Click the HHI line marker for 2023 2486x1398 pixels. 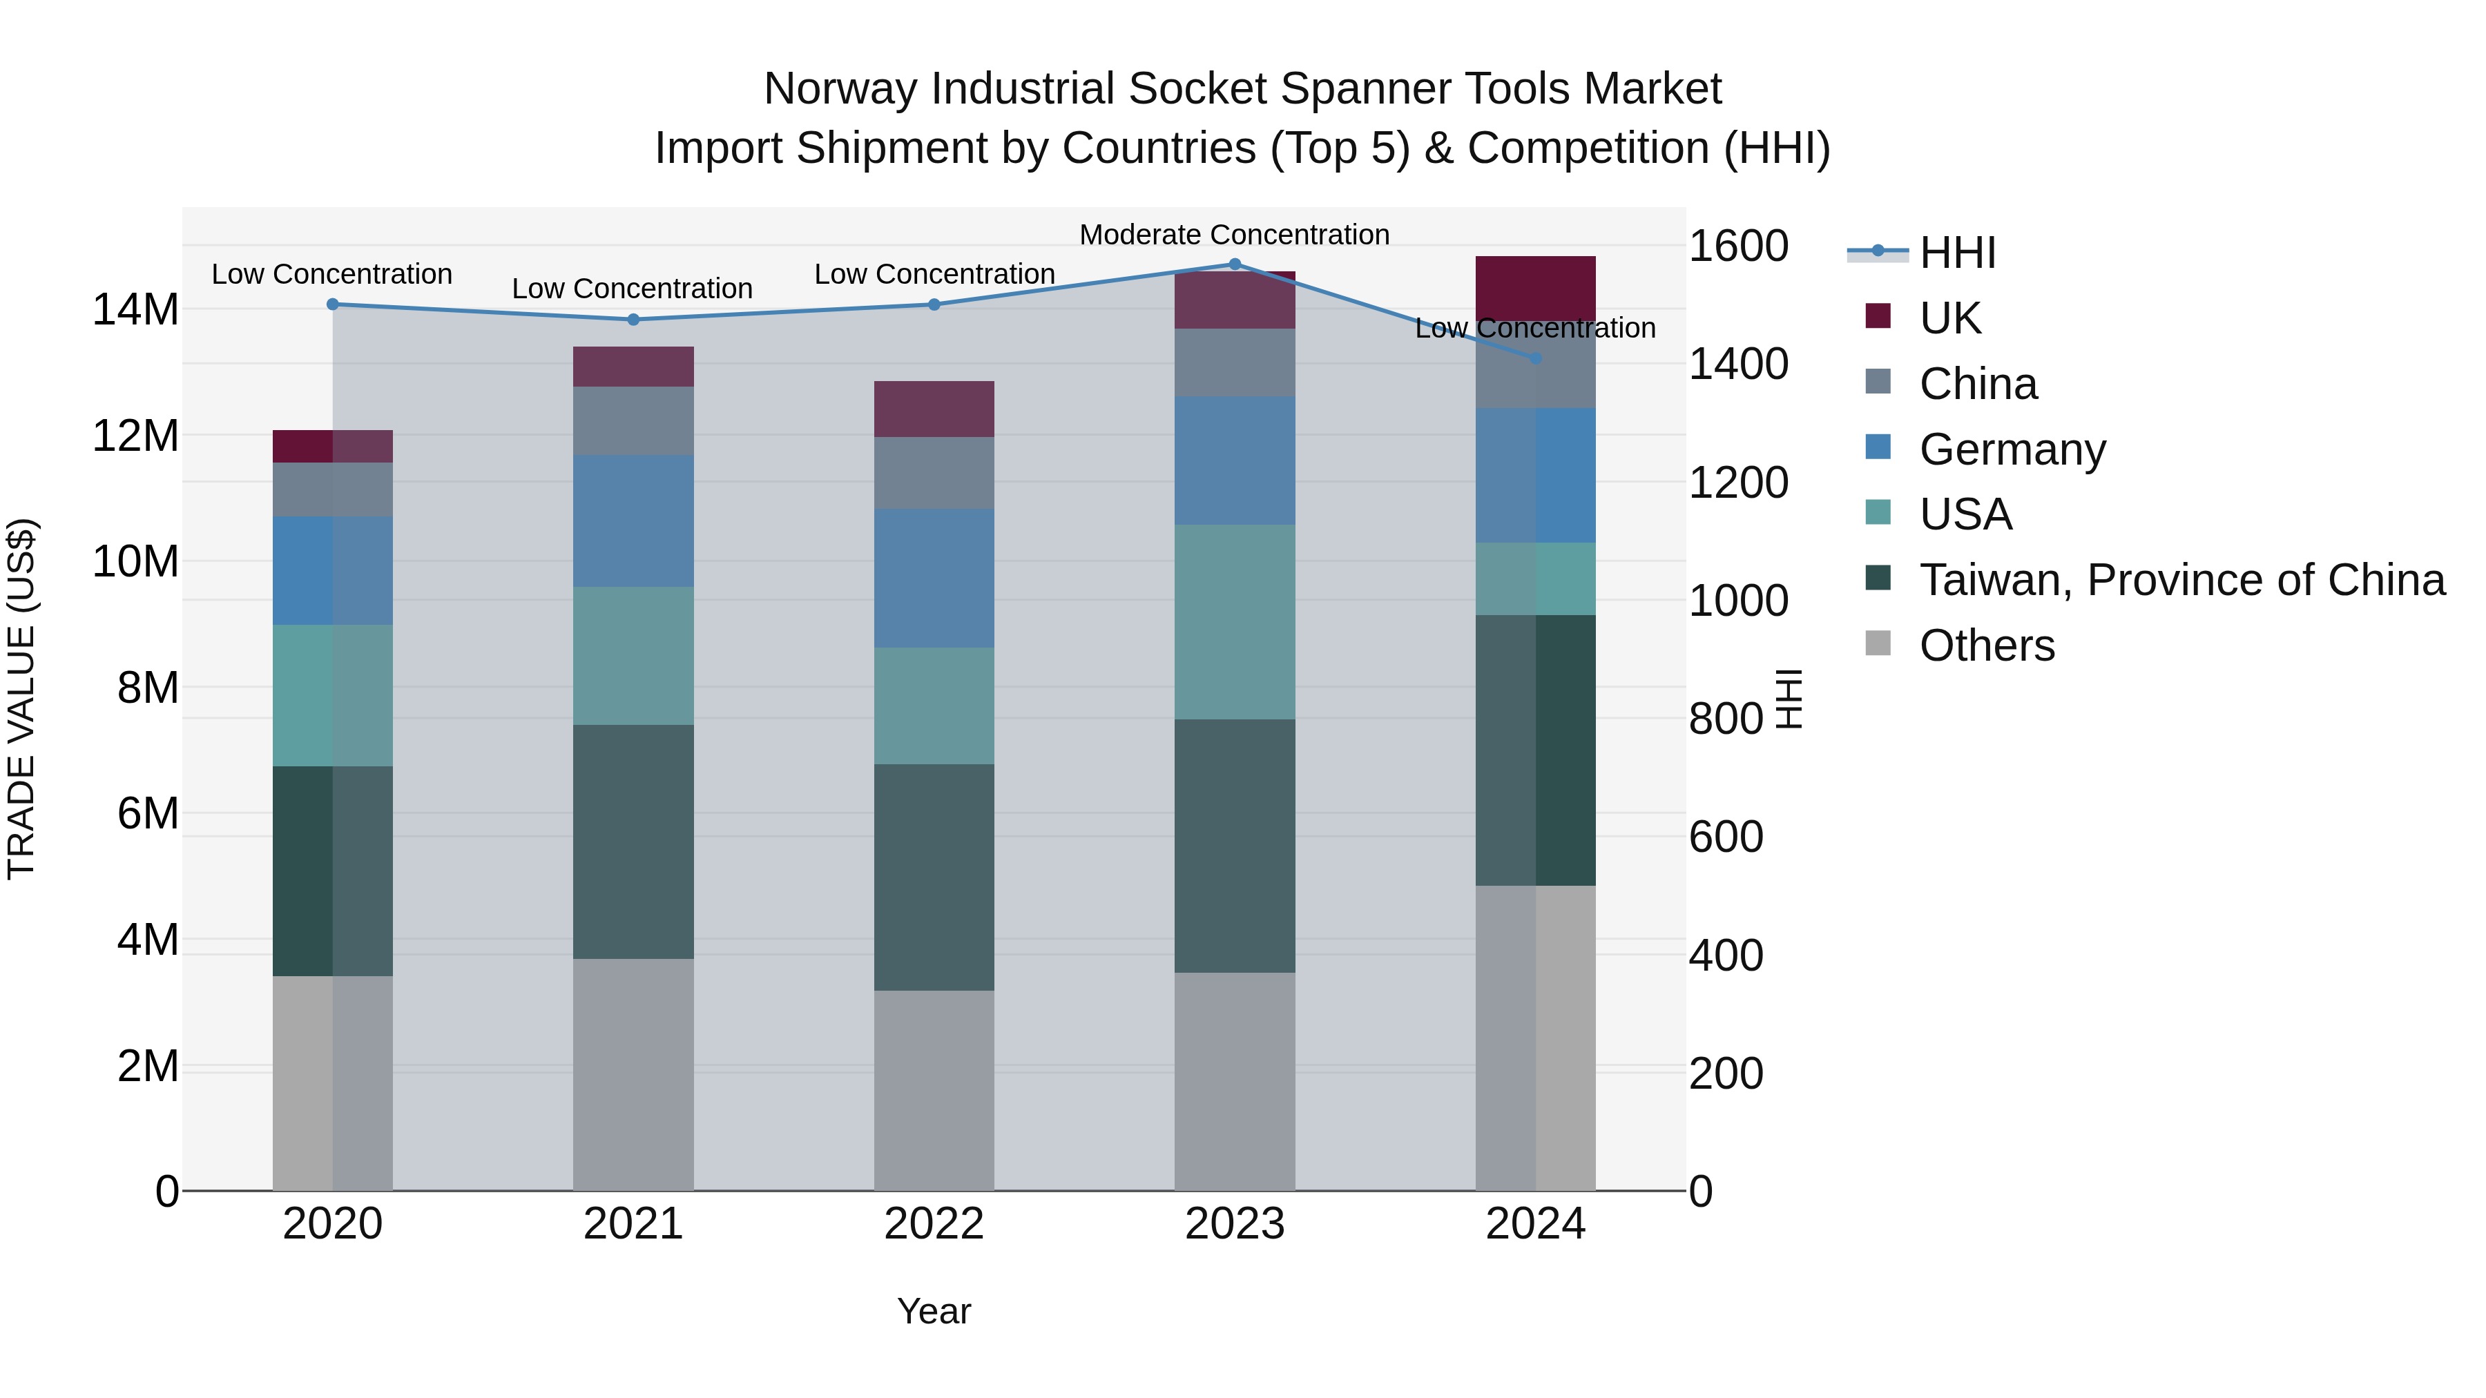[1234, 264]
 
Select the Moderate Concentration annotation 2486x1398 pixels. [1234, 235]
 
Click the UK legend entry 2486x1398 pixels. [1949, 318]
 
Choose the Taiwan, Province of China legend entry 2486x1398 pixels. [2181, 580]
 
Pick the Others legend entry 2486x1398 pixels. [1986, 645]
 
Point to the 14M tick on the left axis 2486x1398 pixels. [135, 310]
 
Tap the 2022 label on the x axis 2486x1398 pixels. [933, 1224]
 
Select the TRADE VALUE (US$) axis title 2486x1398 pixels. [21, 699]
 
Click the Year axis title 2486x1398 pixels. [933, 1311]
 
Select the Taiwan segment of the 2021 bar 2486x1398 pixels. [633, 842]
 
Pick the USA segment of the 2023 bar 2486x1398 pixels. [1234, 621]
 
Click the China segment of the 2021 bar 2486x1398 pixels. [633, 420]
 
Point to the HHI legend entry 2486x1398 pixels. [1956, 253]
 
